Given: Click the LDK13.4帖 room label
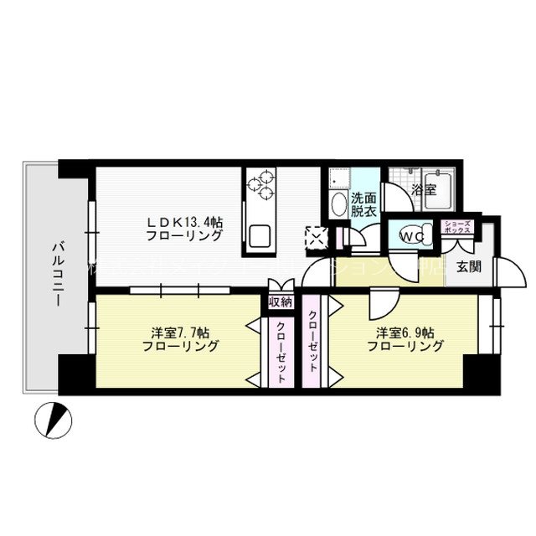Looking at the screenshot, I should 185,229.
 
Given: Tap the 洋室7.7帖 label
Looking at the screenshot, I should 180,338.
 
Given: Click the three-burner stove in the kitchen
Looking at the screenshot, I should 261,183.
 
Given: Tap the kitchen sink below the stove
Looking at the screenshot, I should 258,234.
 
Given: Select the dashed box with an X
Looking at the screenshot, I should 317,237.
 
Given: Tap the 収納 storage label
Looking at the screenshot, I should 280,301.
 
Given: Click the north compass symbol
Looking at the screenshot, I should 52,418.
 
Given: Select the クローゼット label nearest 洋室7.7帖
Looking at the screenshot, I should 280,353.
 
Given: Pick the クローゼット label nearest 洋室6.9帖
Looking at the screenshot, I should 312,341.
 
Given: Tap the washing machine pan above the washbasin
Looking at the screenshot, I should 338,178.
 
